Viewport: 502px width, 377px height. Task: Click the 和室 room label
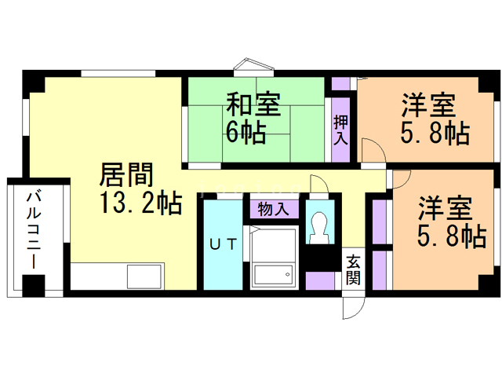click(254, 104)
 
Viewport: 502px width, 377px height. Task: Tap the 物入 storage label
click(275, 209)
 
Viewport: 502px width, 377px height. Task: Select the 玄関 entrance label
click(354, 269)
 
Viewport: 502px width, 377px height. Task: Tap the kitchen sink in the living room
click(144, 277)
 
